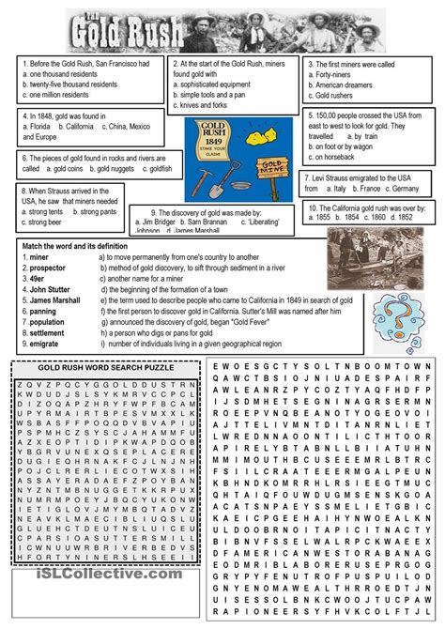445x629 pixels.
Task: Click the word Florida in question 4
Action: [x=38, y=126]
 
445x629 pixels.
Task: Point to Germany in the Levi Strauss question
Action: [x=404, y=188]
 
